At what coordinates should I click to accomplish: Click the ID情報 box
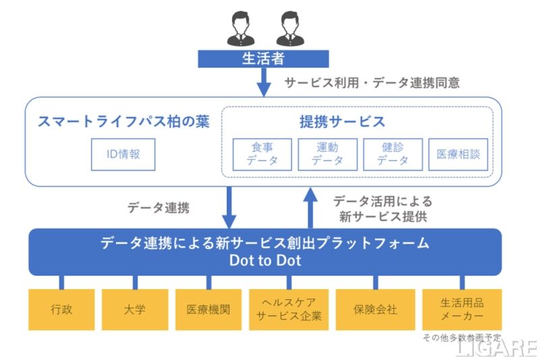tap(124, 154)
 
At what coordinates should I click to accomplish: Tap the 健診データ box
tap(393, 154)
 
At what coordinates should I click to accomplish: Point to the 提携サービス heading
tap(342, 122)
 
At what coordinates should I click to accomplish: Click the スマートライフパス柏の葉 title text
tap(124, 122)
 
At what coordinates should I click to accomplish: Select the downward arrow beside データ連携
tap(230, 208)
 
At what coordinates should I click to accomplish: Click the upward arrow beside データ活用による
tap(310, 208)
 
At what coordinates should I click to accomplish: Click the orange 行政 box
tap(61, 310)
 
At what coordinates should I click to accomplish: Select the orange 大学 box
tap(134, 310)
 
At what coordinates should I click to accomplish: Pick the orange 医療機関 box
tap(208, 310)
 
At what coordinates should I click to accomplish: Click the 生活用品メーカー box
tap(462, 310)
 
